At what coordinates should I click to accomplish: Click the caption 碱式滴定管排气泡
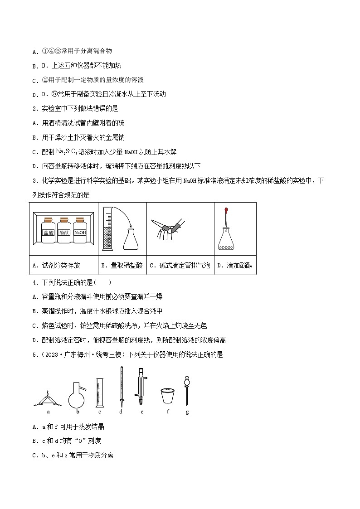pyautogui.click(x=180, y=266)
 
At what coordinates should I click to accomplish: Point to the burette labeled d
pyautogui.click(x=121, y=385)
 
